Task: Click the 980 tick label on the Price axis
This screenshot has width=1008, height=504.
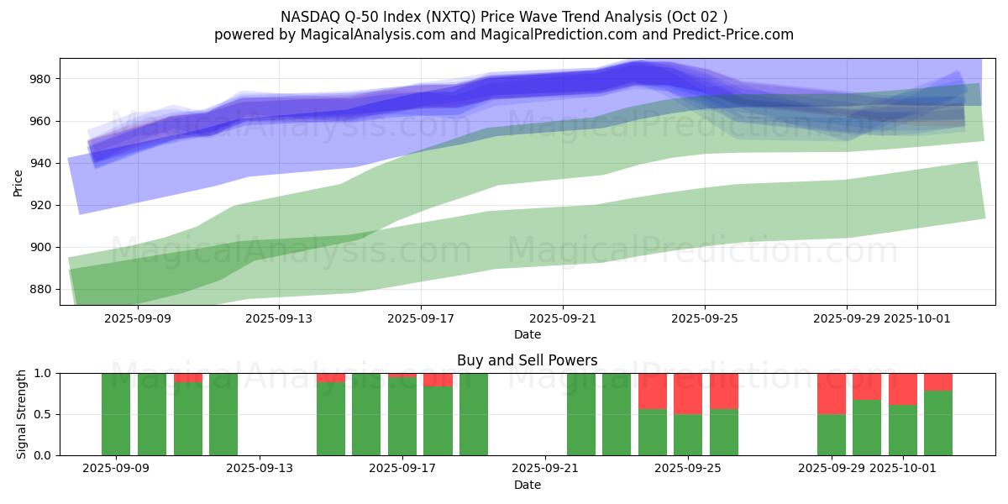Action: point(40,79)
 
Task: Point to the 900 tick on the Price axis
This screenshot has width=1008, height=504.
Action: point(40,247)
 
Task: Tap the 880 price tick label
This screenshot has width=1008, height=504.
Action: point(40,289)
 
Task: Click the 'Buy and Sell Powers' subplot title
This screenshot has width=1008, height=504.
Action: point(527,360)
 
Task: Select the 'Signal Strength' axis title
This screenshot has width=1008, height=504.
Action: point(23,414)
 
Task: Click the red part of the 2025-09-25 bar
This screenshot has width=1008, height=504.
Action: point(688,393)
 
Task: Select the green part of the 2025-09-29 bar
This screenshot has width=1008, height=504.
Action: point(832,434)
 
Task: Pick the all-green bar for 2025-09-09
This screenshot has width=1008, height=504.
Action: point(116,414)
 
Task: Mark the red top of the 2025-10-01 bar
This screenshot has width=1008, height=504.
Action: point(903,389)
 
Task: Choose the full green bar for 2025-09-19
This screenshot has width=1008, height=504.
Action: point(474,414)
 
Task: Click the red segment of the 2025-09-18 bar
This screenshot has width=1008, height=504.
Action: point(438,380)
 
